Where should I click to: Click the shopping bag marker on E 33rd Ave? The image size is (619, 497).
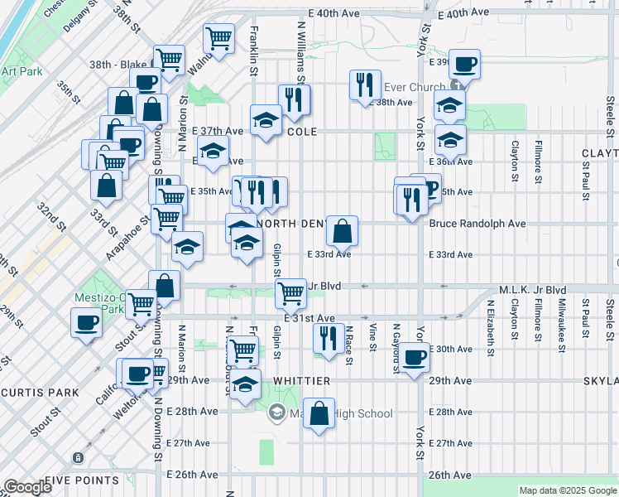point(342,231)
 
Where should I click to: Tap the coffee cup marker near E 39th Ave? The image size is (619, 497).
point(464,64)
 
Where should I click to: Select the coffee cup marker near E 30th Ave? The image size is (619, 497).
point(415,357)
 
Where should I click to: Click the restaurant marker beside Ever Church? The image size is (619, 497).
point(365,84)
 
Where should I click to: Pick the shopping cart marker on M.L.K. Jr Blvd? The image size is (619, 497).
point(290,293)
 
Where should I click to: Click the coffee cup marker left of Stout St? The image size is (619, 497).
point(85,323)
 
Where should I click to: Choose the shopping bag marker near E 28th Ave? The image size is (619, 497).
point(319,412)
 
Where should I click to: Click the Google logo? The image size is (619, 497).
point(28,487)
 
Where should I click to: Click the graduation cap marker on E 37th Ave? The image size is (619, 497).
point(266,119)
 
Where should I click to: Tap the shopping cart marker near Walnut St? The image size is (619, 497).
point(218,38)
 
